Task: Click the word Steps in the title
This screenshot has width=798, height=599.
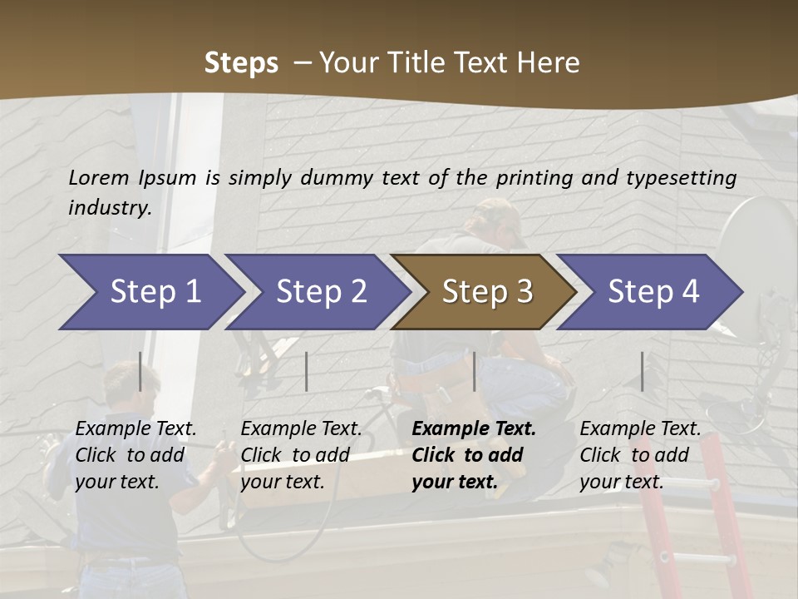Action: click(x=241, y=62)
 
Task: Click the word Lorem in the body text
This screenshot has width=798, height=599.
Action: click(x=98, y=177)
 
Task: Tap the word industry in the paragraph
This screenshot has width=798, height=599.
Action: click(x=109, y=207)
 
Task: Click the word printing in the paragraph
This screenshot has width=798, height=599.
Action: click(x=535, y=177)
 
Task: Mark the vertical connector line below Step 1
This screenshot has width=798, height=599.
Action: click(x=140, y=371)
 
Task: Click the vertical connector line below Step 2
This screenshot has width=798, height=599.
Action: click(x=307, y=371)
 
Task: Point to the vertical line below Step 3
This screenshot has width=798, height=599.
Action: click(x=475, y=371)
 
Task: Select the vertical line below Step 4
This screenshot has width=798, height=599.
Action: click(x=643, y=371)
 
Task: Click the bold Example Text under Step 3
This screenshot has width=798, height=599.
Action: click(x=474, y=429)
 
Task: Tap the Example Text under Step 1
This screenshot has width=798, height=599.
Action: click(x=135, y=429)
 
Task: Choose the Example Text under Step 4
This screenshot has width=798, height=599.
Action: click(x=640, y=429)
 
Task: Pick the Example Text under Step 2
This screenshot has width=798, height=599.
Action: click(x=301, y=429)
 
